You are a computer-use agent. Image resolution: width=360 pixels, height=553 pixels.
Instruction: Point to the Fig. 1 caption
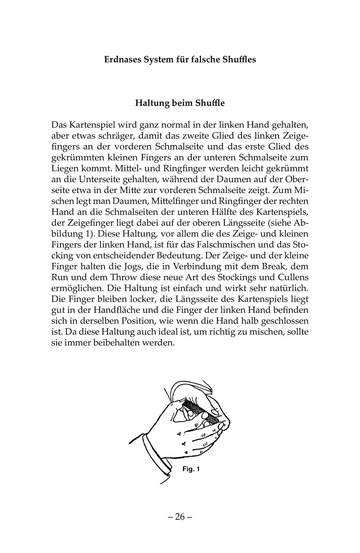(x=191, y=469)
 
